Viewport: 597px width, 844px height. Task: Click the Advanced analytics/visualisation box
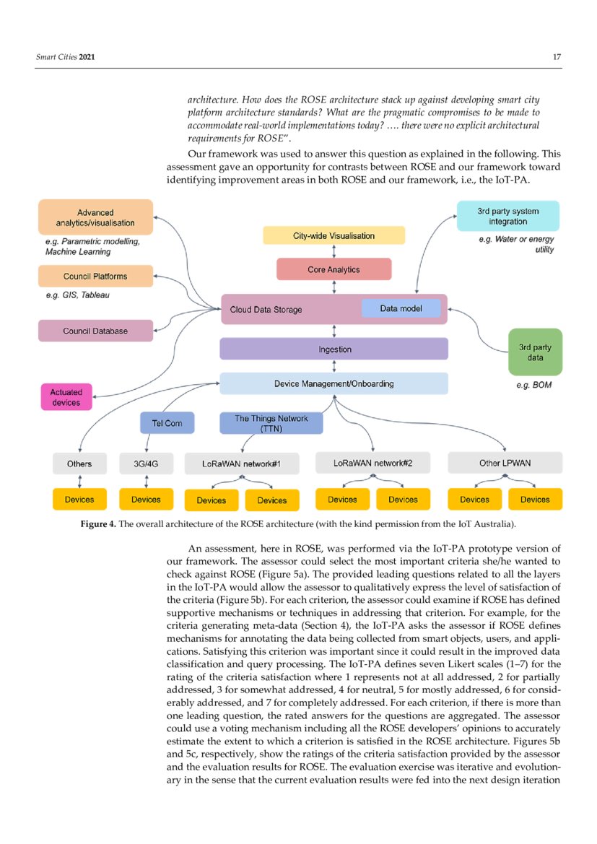95,217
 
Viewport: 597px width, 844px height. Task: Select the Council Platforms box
95,276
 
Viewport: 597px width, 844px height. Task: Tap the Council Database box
95,331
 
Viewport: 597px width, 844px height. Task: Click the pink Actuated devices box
66,397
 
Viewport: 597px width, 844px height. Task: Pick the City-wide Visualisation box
334,235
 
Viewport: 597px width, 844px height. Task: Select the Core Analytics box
334,269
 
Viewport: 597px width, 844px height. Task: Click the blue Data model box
401,308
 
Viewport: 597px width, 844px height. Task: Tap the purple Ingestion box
334,349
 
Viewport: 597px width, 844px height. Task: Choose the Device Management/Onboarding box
334,383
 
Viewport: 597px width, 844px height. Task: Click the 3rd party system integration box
507,217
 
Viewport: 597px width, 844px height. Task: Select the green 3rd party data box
535,352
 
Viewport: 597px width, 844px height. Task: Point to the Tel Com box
167,423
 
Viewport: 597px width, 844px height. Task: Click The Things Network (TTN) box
271,423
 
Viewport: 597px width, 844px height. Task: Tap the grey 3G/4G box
147,464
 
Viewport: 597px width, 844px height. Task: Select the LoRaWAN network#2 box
372,463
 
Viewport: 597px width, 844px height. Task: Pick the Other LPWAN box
505,463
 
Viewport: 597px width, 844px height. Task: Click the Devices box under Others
79,499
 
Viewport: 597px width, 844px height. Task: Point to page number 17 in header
557,57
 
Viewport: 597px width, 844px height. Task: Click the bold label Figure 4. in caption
97,523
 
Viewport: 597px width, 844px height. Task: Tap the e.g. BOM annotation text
533,385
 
